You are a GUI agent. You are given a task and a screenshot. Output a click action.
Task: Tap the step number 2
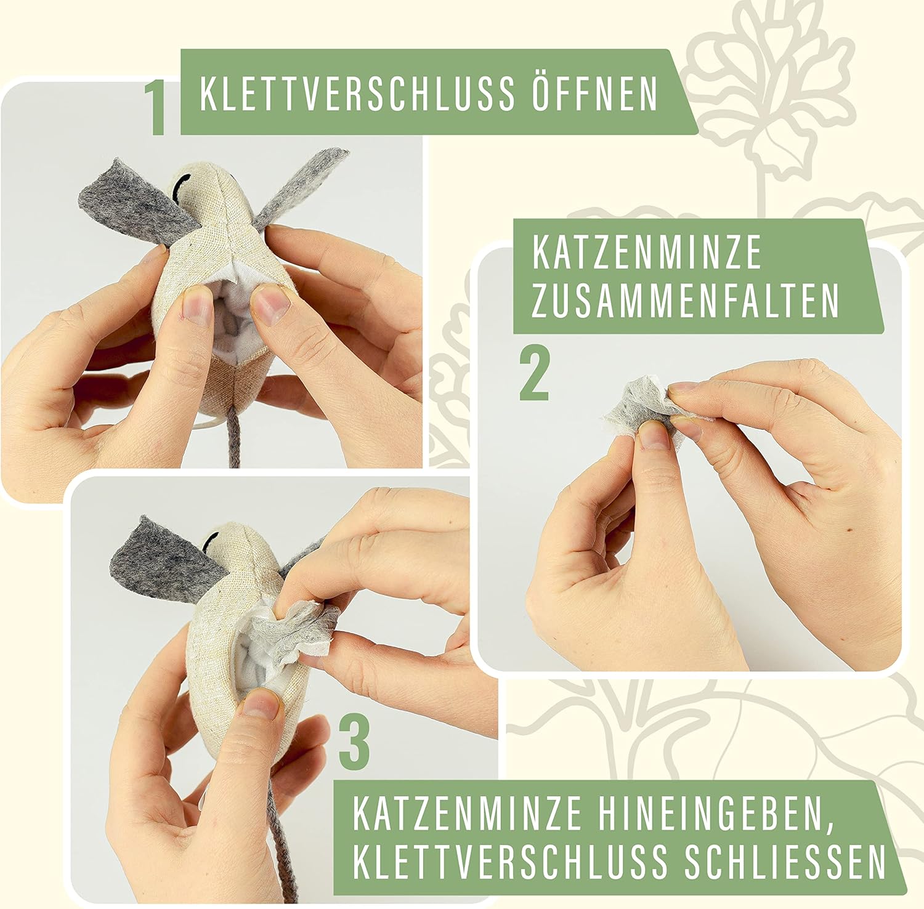pyautogui.click(x=534, y=373)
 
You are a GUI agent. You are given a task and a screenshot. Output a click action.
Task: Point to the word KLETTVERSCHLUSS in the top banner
pyautogui.click(x=357, y=94)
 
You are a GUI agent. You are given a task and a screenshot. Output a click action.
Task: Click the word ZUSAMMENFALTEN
pyautogui.click(x=685, y=299)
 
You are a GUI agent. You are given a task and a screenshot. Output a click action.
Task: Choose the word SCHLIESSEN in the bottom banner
pyautogui.click(x=785, y=860)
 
